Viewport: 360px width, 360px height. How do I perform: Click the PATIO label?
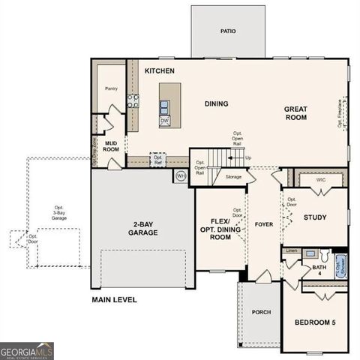pos(227,32)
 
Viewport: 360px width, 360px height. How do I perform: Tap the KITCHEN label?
pos(159,70)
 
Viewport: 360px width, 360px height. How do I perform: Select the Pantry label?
pos(112,88)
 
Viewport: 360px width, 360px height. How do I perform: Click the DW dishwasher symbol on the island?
pos(164,120)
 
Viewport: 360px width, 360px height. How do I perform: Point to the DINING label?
pos(216,103)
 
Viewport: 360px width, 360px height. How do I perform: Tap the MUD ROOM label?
pos(112,145)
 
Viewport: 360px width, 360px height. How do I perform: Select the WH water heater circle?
pos(181,176)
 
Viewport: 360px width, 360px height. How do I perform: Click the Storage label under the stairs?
pos(233,177)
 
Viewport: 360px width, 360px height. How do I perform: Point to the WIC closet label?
pos(320,179)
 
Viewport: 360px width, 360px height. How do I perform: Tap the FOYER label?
pos(262,223)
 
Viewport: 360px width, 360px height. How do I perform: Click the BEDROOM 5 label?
pos(316,322)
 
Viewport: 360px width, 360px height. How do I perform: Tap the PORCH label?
pos(260,313)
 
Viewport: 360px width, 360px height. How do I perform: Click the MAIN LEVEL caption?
pos(114,300)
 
